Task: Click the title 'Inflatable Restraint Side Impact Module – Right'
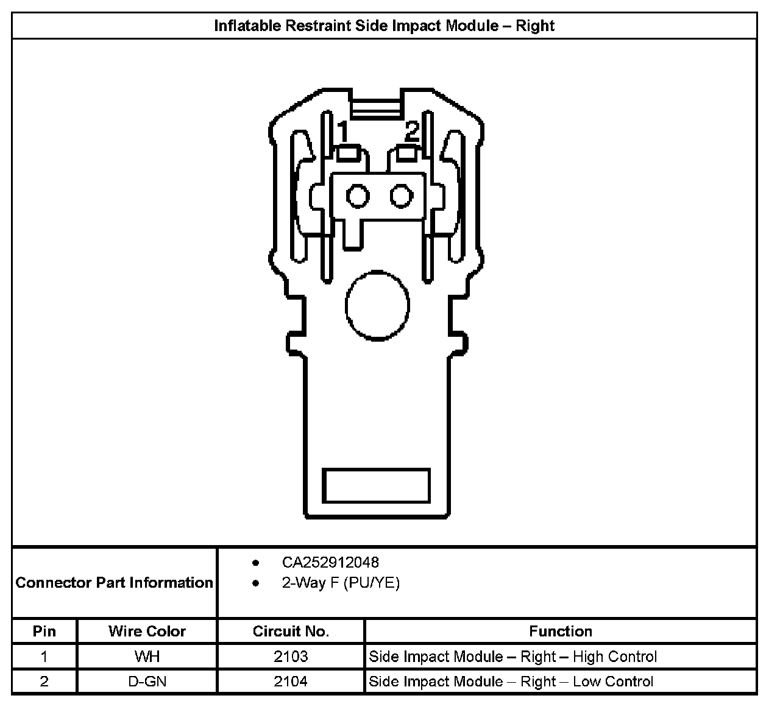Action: pyautogui.click(x=384, y=26)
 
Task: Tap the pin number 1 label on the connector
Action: pyautogui.click(x=343, y=132)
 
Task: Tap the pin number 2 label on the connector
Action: pyautogui.click(x=413, y=130)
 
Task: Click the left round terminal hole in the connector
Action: pyautogui.click(x=358, y=196)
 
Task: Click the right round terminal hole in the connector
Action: pyautogui.click(x=402, y=196)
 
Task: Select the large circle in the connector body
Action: pyautogui.click(x=377, y=305)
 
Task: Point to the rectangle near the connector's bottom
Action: pyautogui.click(x=376, y=485)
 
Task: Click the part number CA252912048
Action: pyautogui.click(x=330, y=562)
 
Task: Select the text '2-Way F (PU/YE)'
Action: pyautogui.click(x=340, y=583)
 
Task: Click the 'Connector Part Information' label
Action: pyautogui.click(x=115, y=583)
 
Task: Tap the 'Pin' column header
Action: pyautogui.click(x=44, y=631)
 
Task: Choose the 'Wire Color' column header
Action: pyautogui.click(x=147, y=631)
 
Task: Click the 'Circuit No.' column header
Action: pyautogui.click(x=291, y=631)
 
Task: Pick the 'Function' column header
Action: pyautogui.click(x=561, y=631)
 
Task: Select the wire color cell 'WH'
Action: pyautogui.click(x=147, y=657)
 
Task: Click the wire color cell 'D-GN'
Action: pyautogui.click(x=147, y=682)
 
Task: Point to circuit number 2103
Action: pyautogui.click(x=291, y=657)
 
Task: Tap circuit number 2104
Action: pyautogui.click(x=291, y=682)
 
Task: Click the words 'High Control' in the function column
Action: pyautogui.click(x=615, y=657)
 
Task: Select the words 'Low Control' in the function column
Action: pyautogui.click(x=613, y=682)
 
